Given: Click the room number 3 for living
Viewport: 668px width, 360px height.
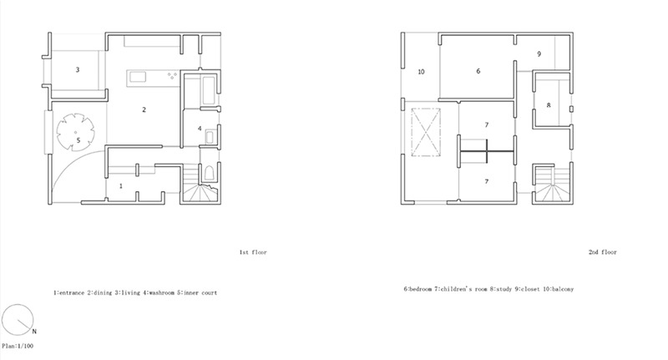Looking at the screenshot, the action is click(x=78, y=69).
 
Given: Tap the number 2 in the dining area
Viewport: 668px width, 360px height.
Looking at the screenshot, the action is click(x=144, y=109).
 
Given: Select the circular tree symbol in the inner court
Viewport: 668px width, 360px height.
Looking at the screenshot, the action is click(x=75, y=132).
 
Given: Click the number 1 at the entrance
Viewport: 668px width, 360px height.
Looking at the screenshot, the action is click(x=121, y=185).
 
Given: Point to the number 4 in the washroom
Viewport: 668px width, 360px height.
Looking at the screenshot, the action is click(x=200, y=129).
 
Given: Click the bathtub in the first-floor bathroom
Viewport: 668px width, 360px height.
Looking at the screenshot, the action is click(x=209, y=90).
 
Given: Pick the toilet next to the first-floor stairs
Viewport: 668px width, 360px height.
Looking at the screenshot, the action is click(x=209, y=173).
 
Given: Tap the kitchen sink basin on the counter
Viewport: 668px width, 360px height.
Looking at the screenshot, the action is click(x=138, y=77).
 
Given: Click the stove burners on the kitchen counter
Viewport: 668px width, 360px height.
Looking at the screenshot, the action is click(x=172, y=76).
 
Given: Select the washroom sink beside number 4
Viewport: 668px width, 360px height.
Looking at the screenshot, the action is click(x=210, y=137).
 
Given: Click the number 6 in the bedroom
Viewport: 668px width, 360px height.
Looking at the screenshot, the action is click(x=478, y=71).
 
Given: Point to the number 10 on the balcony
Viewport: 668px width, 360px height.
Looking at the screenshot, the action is click(x=421, y=72).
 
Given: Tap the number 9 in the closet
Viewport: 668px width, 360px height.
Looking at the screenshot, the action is click(x=539, y=54).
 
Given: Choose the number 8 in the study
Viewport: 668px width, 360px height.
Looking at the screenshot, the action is click(x=549, y=104).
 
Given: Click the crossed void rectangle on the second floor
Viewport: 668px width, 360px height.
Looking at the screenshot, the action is click(x=426, y=133).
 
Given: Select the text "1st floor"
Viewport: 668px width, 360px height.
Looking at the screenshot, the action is click(x=253, y=252).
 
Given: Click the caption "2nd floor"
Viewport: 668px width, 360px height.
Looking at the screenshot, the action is click(x=602, y=252).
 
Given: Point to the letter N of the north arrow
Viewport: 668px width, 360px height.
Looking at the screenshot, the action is click(x=34, y=332).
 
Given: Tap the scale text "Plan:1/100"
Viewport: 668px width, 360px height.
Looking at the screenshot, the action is click(x=18, y=346).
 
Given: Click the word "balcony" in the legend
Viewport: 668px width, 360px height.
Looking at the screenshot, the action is click(x=563, y=289).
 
